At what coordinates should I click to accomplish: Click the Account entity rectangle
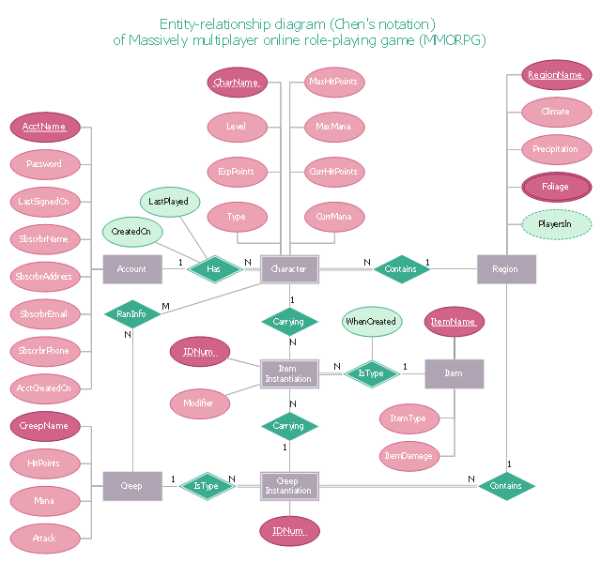click(x=131, y=269)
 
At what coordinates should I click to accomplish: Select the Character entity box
click(x=289, y=269)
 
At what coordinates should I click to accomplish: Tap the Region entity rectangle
click(x=505, y=269)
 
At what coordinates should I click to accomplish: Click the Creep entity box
click(x=131, y=486)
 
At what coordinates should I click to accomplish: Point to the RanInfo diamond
click(x=131, y=314)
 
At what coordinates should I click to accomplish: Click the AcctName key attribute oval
click(x=44, y=127)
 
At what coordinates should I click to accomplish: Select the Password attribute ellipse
click(x=44, y=164)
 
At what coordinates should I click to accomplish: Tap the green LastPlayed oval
click(x=169, y=201)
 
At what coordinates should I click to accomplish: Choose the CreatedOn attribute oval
click(x=131, y=231)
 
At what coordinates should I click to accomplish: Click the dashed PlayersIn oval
click(x=556, y=224)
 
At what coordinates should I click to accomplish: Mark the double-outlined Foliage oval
click(x=556, y=187)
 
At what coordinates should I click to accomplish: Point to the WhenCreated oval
click(x=371, y=322)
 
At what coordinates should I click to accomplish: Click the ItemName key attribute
click(x=455, y=322)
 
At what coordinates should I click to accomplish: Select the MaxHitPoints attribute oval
click(x=334, y=83)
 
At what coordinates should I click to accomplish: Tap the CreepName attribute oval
click(x=44, y=426)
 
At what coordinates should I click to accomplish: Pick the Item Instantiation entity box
click(x=289, y=373)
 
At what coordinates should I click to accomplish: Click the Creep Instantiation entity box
click(x=289, y=486)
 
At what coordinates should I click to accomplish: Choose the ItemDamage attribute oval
click(x=408, y=457)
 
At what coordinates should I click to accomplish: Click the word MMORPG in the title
click(x=460, y=40)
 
